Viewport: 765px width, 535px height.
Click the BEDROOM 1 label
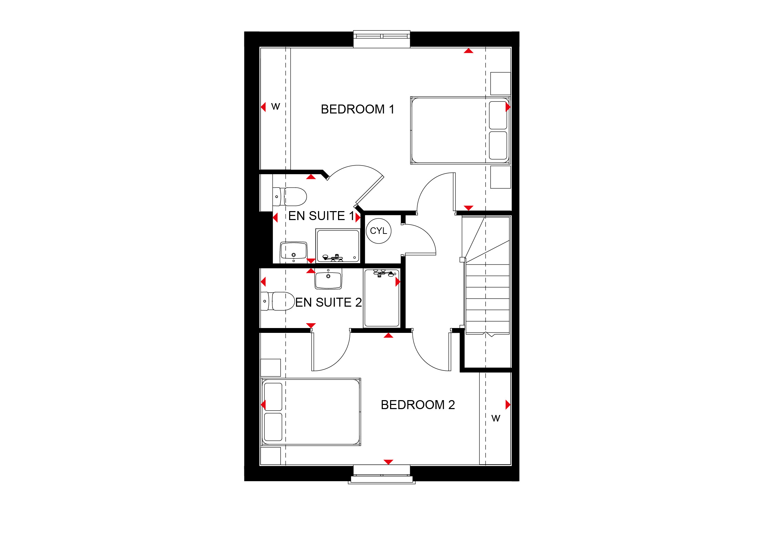tap(357, 109)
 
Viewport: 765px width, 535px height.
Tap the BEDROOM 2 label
tap(418, 405)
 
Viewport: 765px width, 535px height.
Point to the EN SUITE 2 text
tap(328, 303)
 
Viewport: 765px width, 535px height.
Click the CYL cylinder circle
tap(378, 231)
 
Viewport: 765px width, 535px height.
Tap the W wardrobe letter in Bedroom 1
tap(275, 107)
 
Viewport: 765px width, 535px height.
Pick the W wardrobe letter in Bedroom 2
tap(496, 418)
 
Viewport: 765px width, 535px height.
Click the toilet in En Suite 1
tap(289, 197)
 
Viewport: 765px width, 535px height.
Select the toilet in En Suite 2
tap(278, 301)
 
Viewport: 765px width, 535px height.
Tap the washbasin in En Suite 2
tap(328, 279)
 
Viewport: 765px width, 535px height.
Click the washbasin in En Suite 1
tap(293, 251)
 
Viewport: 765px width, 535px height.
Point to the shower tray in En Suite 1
tap(338, 246)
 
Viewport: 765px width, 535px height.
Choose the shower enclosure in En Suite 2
tap(382, 298)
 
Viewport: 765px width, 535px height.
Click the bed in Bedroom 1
tap(460, 130)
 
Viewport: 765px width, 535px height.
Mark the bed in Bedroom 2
tap(311, 412)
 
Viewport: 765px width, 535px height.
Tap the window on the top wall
tap(382, 39)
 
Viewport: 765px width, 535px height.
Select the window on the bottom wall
tap(382, 474)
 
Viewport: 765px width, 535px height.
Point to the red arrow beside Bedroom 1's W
tap(263, 107)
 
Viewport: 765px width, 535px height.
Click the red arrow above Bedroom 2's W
tap(508, 405)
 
